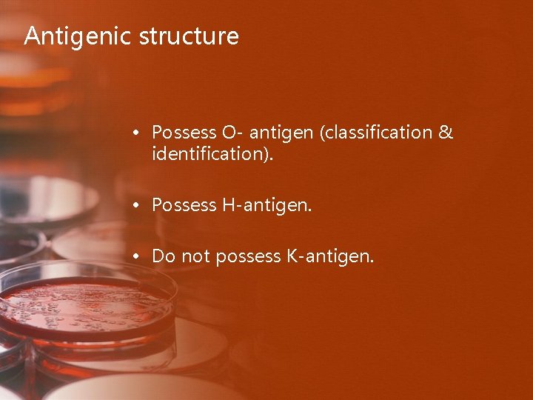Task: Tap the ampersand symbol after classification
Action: point(446,133)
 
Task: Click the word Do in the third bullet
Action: point(162,257)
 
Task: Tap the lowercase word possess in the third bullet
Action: point(246,257)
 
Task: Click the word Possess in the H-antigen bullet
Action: point(184,206)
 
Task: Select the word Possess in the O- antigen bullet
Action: point(184,133)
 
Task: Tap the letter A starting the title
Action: point(31,36)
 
